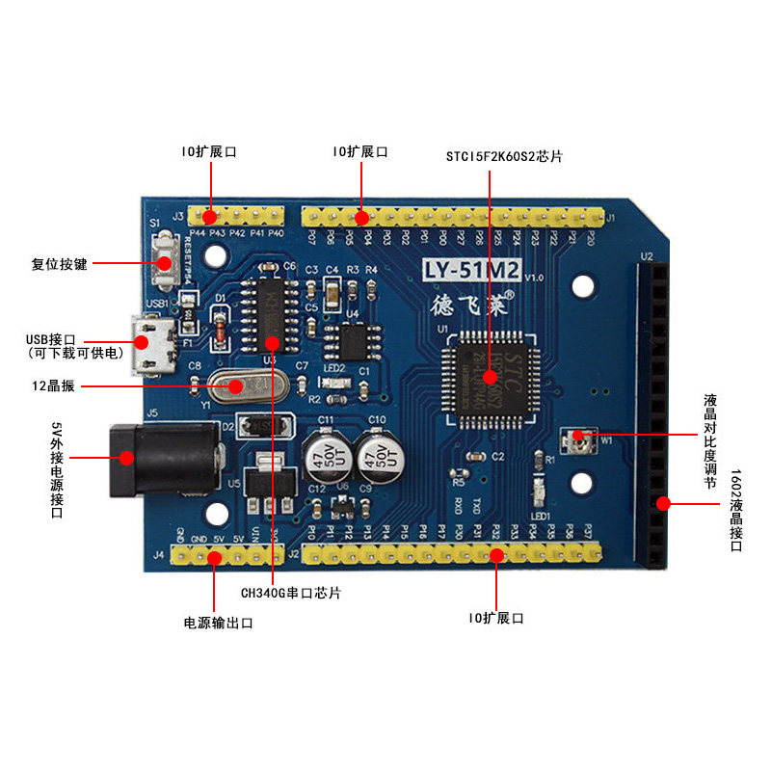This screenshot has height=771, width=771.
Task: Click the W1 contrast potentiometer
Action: click(581, 438)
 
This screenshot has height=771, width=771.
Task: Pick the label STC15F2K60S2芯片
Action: click(504, 155)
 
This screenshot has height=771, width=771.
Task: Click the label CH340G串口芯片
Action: click(290, 593)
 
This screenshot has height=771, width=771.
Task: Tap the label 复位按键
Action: click(59, 263)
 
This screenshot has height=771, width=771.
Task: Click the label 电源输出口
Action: click(218, 623)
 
